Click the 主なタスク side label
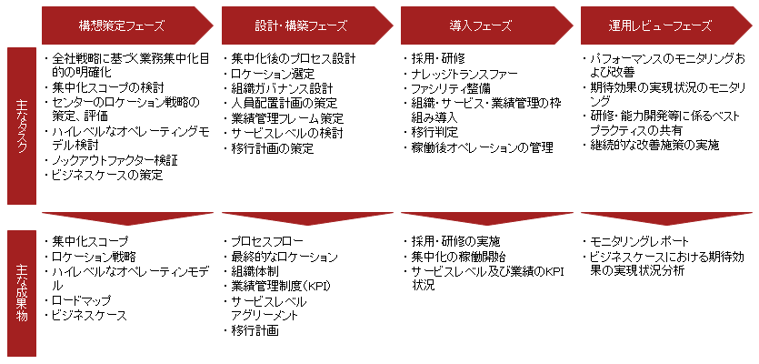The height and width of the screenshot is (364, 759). coord(22,126)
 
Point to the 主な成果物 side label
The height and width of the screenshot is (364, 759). coord(22,293)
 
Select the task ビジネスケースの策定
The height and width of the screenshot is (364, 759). coord(107,176)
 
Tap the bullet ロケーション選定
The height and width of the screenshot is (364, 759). coord(273,74)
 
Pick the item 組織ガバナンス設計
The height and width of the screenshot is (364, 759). coord(282,88)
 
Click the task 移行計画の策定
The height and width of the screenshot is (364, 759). coord(273,148)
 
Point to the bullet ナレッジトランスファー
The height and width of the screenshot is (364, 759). coord(464,74)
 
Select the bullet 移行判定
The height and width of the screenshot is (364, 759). coord(434,132)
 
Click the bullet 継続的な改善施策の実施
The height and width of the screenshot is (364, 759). coord(654,145)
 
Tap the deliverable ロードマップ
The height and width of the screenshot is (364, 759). coord(81,301)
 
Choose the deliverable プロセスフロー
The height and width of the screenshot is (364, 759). coord(267,242)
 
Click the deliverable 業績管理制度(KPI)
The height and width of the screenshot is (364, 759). coord(281,287)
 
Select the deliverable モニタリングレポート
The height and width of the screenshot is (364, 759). coord(639,242)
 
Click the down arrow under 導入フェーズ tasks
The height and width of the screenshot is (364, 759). coord(487,217)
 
